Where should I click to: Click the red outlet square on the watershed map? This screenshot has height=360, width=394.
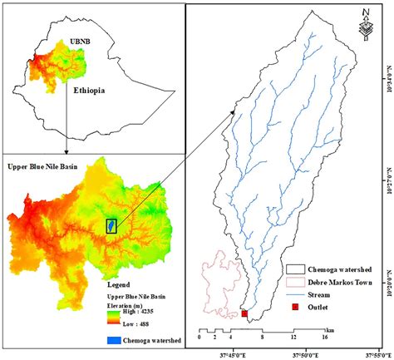pos(244,313)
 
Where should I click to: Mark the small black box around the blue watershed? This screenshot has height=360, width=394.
pos(111,224)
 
